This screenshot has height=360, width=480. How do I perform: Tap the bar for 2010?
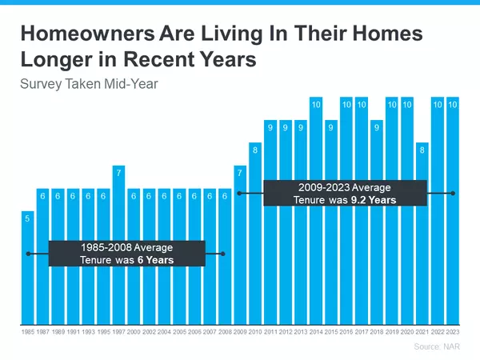(x=255, y=240)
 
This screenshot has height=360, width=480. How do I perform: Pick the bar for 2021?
(x=422, y=240)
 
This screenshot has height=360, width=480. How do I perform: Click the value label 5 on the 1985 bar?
(x=28, y=218)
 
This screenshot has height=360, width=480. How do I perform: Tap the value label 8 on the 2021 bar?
(x=422, y=149)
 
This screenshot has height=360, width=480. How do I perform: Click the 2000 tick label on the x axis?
(x=134, y=330)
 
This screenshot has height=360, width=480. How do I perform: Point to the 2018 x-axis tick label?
(x=377, y=330)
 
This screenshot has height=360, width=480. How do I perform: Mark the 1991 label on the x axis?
(x=73, y=330)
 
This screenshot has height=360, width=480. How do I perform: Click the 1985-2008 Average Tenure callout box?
(x=127, y=254)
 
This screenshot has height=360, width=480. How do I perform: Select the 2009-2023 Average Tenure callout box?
(x=345, y=193)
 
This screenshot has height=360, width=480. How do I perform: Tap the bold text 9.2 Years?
(x=373, y=200)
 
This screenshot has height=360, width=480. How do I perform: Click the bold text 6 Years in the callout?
(x=154, y=260)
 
